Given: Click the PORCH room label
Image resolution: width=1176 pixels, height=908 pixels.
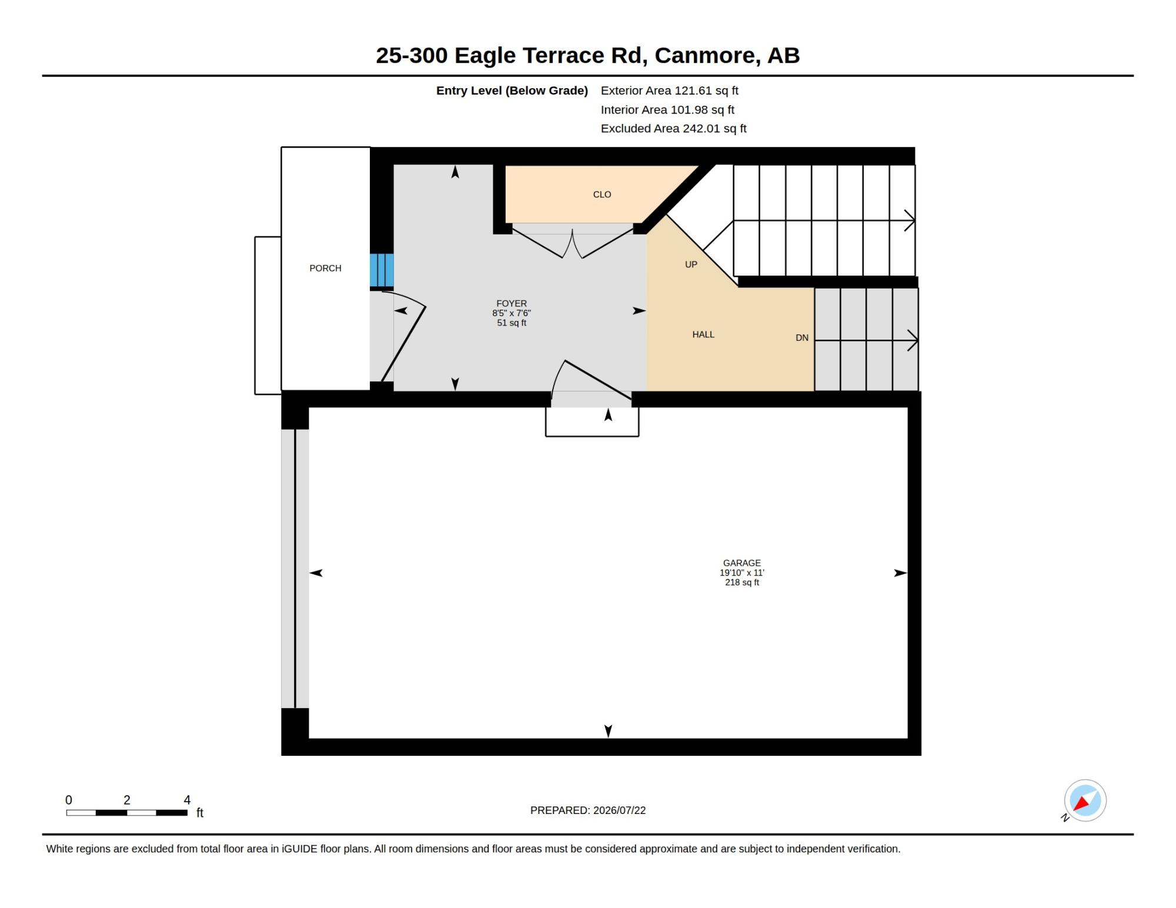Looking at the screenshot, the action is click(325, 268).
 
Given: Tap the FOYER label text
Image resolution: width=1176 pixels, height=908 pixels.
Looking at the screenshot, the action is click(512, 303).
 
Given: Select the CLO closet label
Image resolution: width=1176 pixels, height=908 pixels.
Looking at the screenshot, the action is click(602, 195).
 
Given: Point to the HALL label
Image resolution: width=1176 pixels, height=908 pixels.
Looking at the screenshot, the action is click(703, 334).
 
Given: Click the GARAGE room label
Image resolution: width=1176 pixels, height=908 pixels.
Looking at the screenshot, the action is click(742, 563).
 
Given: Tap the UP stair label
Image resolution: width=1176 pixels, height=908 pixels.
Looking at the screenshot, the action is click(691, 264).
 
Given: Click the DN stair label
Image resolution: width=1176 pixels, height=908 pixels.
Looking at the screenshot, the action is click(802, 338).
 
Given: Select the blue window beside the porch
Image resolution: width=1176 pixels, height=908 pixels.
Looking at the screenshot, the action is click(382, 270).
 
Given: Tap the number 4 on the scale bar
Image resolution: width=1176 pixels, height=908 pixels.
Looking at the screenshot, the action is click(187, 800).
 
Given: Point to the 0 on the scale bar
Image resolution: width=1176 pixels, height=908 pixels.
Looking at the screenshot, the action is click(69, 800).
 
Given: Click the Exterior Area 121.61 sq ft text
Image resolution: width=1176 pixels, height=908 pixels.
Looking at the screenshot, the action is click(669, 91).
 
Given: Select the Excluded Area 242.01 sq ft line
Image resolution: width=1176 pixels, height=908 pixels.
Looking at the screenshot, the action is click(673, 128).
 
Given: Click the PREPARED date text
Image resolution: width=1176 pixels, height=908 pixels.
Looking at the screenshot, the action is click(588, 810).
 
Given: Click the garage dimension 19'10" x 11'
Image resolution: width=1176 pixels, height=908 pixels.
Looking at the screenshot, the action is click(742, 572).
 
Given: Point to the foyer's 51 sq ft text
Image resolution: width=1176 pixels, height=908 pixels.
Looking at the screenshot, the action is click(512, 323).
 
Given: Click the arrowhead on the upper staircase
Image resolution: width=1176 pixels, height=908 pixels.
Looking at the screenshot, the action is click(910, 221).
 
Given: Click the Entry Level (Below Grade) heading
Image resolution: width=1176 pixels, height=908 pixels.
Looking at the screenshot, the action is click(512, 91).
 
